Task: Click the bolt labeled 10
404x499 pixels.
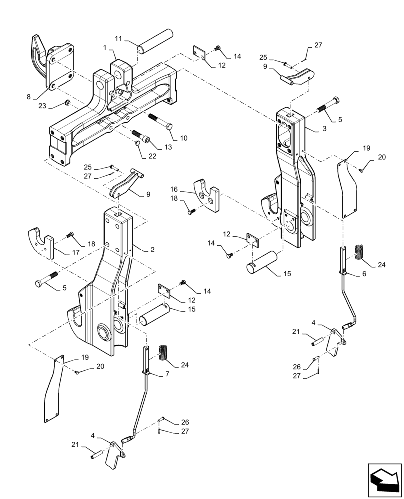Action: (x=160, y=121)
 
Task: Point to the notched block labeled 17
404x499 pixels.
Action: (x=41, y=242)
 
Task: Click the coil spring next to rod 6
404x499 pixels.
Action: (x=358, y=251)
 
